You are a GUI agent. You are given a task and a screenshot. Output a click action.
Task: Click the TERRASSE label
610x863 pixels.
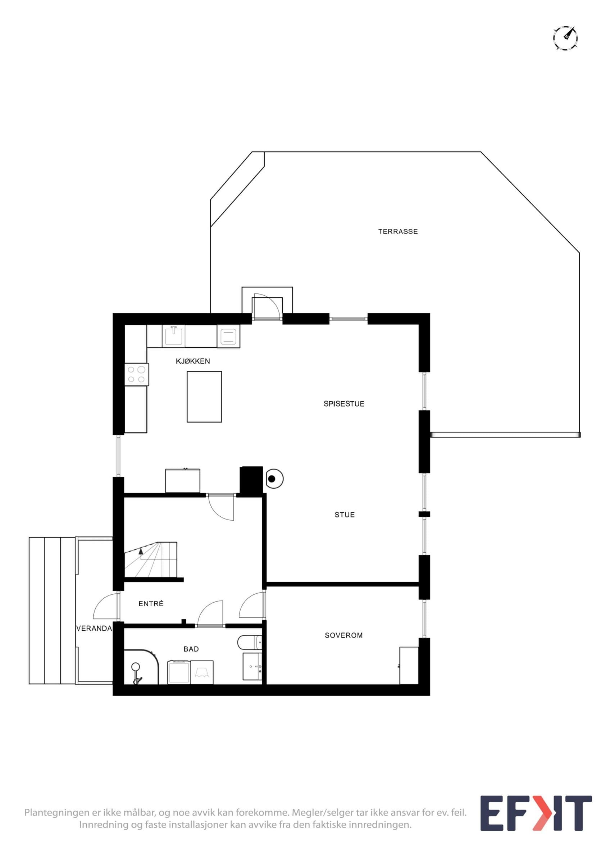tap(398, 232)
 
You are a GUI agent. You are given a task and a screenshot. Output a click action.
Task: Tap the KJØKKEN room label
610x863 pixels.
tap(193, 361)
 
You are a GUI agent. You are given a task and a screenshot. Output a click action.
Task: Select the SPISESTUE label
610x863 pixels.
tap(344, 404)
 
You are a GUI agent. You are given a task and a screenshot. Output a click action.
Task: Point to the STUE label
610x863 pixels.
tap(345, 515)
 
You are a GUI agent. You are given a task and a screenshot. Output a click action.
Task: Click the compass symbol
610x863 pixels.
tap(565, 38)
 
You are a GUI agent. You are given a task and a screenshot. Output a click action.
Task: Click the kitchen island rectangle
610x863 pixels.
tap(204, 397)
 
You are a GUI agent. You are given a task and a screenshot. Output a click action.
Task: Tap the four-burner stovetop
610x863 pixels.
tap(136, 374)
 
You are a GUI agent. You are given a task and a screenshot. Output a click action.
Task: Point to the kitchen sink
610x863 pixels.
tap(173, 336)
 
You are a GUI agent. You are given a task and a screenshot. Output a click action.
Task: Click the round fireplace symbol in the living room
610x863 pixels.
tap(274, 479)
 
